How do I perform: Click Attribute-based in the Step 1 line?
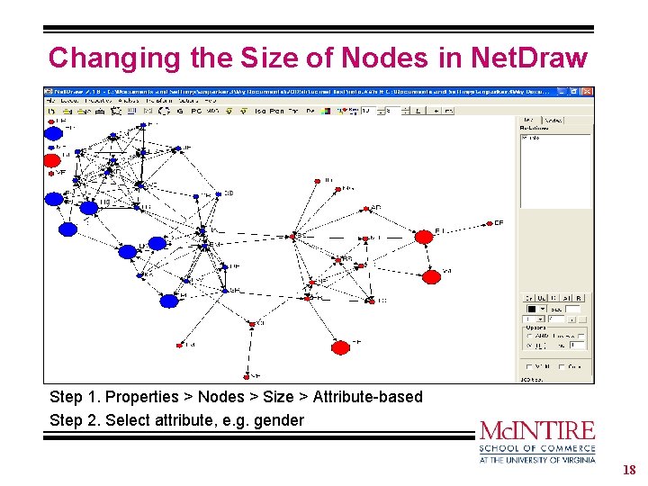point(369,397)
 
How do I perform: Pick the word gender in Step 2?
point(281,420)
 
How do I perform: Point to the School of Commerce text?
point(537,448)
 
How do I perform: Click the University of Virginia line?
point(537,459)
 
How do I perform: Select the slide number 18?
point(629,470)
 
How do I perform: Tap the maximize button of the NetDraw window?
point(574,91)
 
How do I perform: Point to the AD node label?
point(376,208)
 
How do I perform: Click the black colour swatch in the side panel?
point(532,308)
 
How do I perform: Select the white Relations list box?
point(554,171)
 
